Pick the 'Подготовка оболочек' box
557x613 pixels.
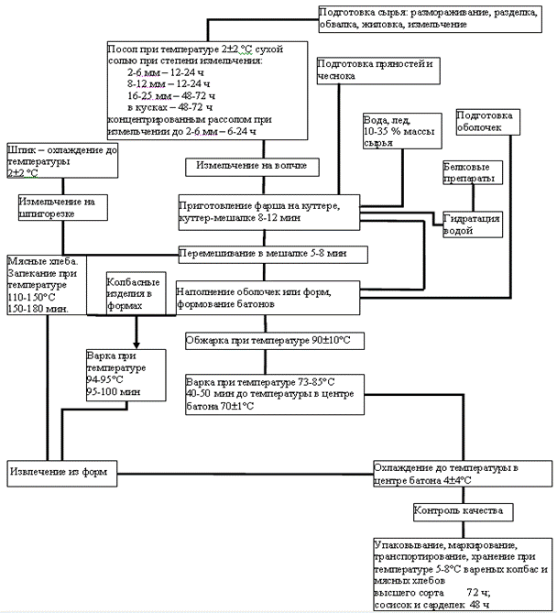490,123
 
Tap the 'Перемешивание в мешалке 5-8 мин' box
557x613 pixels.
273,253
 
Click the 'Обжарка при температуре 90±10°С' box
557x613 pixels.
267,340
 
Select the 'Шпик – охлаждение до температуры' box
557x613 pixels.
61,159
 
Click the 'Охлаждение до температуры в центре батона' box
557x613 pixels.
462,474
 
